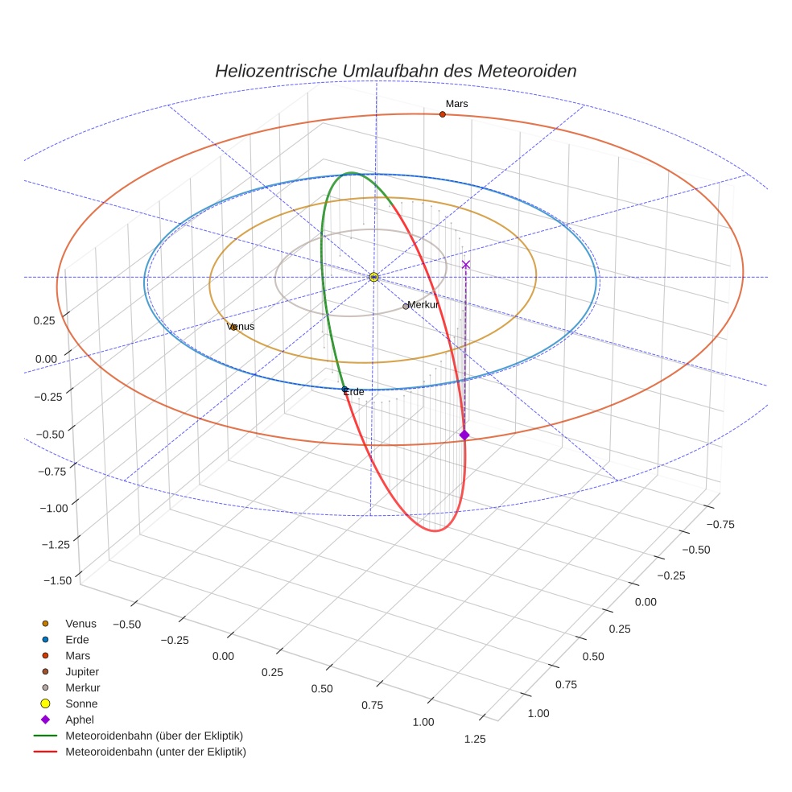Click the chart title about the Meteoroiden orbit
395,71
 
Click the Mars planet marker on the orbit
442,114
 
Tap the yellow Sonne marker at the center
373,277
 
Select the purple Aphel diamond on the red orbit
464,435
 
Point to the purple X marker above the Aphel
465,264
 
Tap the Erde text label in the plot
354,392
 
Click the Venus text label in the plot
241,327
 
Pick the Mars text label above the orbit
456,104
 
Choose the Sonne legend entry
81,703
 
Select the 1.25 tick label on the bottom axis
474,740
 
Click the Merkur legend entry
82,687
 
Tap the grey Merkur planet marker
406,307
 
